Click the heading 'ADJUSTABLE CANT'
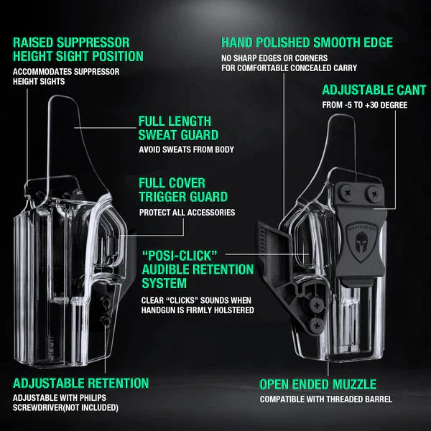(x=374, y=91)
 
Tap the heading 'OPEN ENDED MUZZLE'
(x=318, y=384)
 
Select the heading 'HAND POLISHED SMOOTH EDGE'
(x=307, y=42)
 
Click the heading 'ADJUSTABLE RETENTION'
(x=80, y=383)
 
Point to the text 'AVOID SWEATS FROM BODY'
(x=186, y=149)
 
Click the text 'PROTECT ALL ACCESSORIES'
(x=187, y=213)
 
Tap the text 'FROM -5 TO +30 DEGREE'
(x=365, y=105)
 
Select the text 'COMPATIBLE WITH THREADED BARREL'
(x=326, y=399)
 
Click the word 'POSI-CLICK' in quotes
(x=180, y=256)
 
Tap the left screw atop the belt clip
(x=347, y=193)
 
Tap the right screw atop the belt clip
(x=374, y=194)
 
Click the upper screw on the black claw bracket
(x=317, y=305)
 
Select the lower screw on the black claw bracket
(x=317, y=325)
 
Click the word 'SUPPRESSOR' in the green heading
(x=93, y=42)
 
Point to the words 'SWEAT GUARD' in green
(x=178, y=135)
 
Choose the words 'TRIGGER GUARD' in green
(x=183, y=197)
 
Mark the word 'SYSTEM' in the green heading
(x=164, y=283)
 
